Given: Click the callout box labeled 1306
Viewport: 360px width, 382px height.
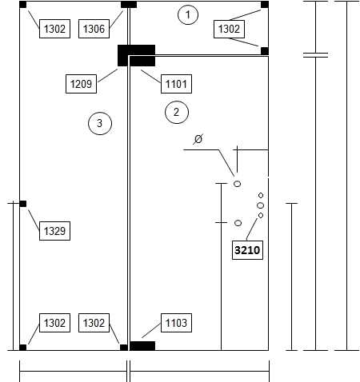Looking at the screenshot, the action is [x=94, y=29].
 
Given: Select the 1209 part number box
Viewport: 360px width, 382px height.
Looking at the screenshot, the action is [x=81, y=84].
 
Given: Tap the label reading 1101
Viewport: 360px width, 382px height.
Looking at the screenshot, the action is [x=176, y=84].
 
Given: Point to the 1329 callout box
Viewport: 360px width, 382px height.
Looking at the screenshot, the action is [x=54, y=231].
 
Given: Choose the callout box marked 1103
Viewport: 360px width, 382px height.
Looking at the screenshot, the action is [x=176, y=323].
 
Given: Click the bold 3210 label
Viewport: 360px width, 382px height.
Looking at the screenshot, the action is [x=247, y=250].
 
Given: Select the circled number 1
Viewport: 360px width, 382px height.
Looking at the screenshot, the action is [x=188, y=14].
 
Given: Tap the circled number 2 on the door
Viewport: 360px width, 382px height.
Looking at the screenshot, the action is [x=177, y=112].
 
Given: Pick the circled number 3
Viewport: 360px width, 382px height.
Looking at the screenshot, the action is [x=100, y=123].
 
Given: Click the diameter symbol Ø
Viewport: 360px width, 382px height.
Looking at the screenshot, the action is [x=198, y=139].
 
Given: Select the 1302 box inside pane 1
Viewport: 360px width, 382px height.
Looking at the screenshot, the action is [x=229, y=29].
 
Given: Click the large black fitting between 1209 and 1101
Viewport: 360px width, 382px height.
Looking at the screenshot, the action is [x=136, y=55].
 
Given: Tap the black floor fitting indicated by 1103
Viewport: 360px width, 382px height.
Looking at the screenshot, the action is [x=142, y=346].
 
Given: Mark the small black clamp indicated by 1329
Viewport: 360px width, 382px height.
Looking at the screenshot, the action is [x=23, y=204].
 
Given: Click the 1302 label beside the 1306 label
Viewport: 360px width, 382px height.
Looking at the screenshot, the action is [x=54, y=29].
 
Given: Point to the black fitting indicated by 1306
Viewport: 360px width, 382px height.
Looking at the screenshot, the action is [x=129, y=5].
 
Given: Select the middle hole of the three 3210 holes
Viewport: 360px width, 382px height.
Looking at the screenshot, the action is [x=261, y=205].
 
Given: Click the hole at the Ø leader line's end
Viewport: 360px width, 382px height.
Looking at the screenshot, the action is [x=237, y=184].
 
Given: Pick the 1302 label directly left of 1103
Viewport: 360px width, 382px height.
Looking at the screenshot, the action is [x=94, y=323].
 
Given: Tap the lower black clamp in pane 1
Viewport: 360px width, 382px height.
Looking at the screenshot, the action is [x=265, y=51].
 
